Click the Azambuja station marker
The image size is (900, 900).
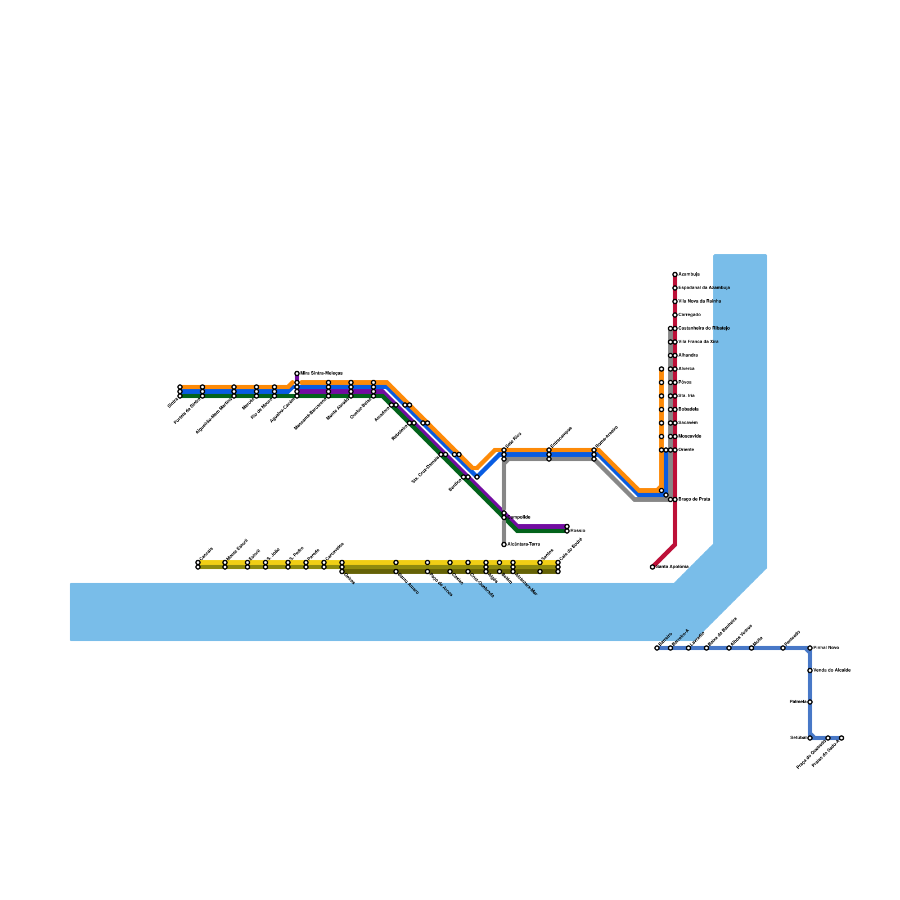pos(675,274)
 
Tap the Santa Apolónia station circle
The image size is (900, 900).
pos(652,567)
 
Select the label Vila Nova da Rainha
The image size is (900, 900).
pos(700,301)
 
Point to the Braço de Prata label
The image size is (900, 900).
pos(694,499)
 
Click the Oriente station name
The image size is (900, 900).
pos(686,450)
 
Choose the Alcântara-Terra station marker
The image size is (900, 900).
pos(504,544)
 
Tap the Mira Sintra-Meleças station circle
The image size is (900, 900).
pos(297,373)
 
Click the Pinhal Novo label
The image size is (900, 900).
pos(826,648)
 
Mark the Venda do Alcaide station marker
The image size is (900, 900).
pos(810,670)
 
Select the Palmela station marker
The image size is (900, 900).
pos(810,702)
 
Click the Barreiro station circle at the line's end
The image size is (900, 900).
pos(657,648)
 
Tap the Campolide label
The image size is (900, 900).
pos(519,517)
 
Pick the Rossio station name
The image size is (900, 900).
pos(578,531)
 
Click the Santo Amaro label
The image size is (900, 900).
pos(408,583)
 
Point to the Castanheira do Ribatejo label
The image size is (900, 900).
pos(704,328)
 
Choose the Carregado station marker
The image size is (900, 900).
pos(675,315)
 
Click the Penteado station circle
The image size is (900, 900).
pos(783,648)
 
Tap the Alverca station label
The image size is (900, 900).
pos(686,369)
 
